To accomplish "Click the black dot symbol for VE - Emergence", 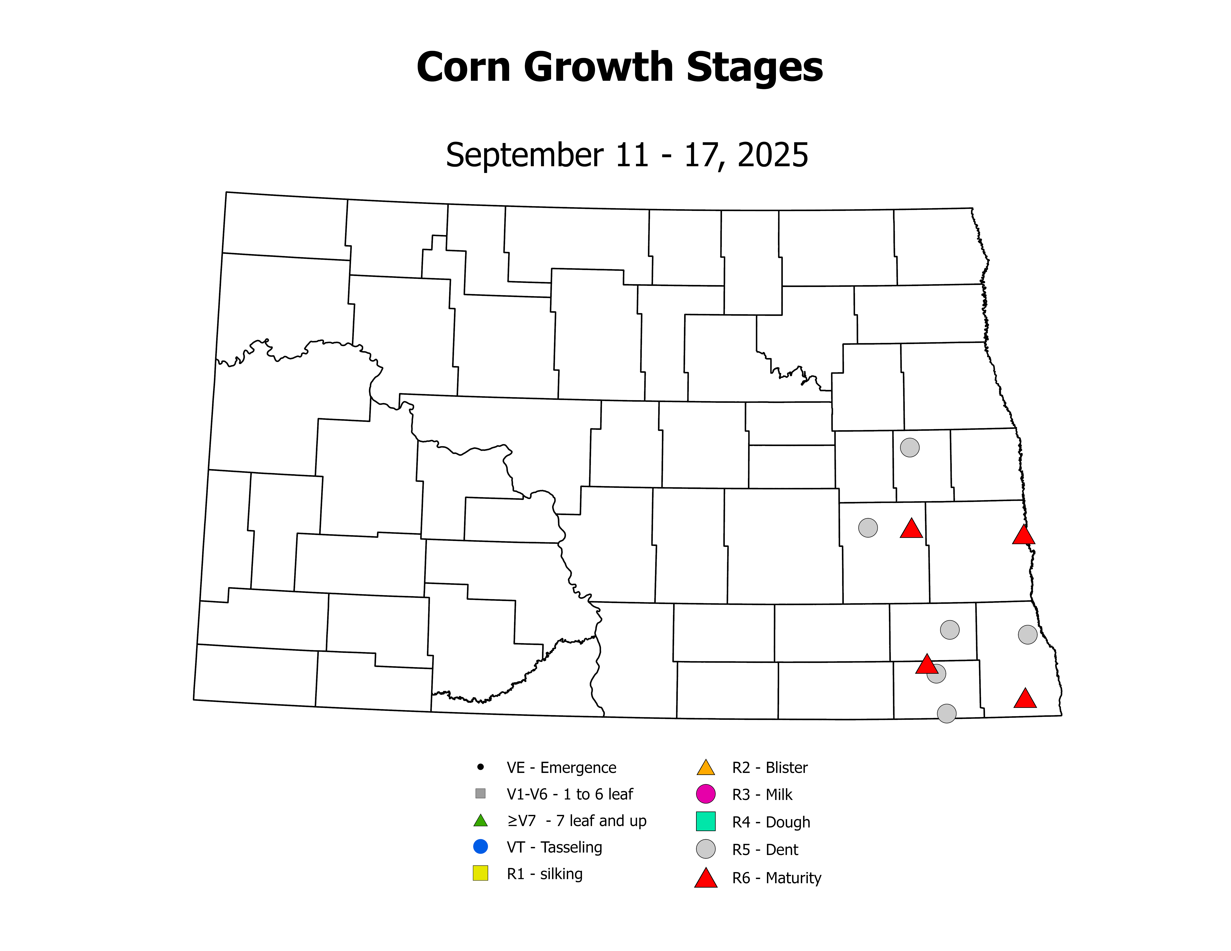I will point(480,767).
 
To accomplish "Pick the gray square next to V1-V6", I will point(480,793).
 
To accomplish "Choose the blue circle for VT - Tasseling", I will point(480,846).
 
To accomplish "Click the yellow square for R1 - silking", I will point(480,873).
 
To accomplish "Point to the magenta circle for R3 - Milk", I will point(706,794).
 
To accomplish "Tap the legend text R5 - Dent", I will point(765,850).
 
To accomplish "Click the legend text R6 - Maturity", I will point(776,878).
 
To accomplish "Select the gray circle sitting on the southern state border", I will point(946,713).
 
